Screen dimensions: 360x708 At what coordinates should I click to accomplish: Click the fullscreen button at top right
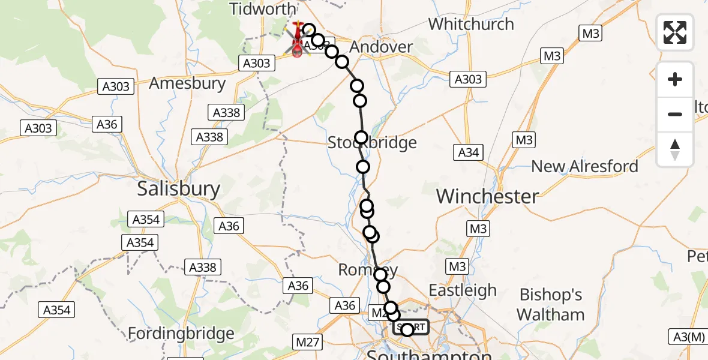click(675, 32)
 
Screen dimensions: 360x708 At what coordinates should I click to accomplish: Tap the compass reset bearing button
click(675, 149)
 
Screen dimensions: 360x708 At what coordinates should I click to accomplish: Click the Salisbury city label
click(178, 189)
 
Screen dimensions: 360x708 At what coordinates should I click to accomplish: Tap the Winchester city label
click(487, 196)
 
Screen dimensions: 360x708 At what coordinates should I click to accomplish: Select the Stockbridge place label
click(372, 143)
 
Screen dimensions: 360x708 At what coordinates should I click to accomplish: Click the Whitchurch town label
click(471, 25)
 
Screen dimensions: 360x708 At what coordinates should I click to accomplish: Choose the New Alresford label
click(584, 166)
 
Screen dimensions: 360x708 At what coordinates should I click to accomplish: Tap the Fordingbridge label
click(181, 334)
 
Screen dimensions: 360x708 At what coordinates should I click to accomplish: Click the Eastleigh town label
click(462, 290)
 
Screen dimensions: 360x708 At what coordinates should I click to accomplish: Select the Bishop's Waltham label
click(550, 305)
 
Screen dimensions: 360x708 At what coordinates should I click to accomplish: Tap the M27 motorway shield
click(307, 342)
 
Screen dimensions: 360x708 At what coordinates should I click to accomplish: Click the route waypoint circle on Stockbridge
click(361, 138)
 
